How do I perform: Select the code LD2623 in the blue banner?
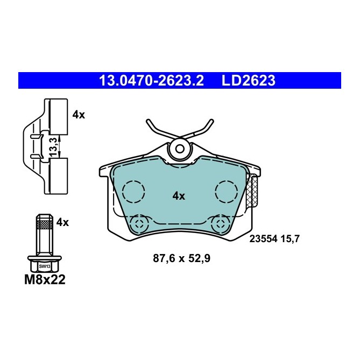pyautogui.click(x=248, y=81)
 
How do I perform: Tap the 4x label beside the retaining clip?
pyautogui.click(x=79, y=114)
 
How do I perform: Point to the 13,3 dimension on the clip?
pyautogui.click(x=53, y=146)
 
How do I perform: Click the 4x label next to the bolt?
pyautogui.click(x=62, y=222)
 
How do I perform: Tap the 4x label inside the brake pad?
pyautogui.click(x=179, y=196)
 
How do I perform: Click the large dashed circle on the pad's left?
pyautogui.click(x=133, y=191)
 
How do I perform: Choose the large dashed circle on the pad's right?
pyautogui.click(x=227, y=191)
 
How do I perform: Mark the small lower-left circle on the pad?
pyautogui.click(x=140, y=223)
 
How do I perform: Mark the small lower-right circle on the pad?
pyautogui.click(x=220, y=223)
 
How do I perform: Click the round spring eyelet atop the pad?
pyautogui.click(x=179, y=149)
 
